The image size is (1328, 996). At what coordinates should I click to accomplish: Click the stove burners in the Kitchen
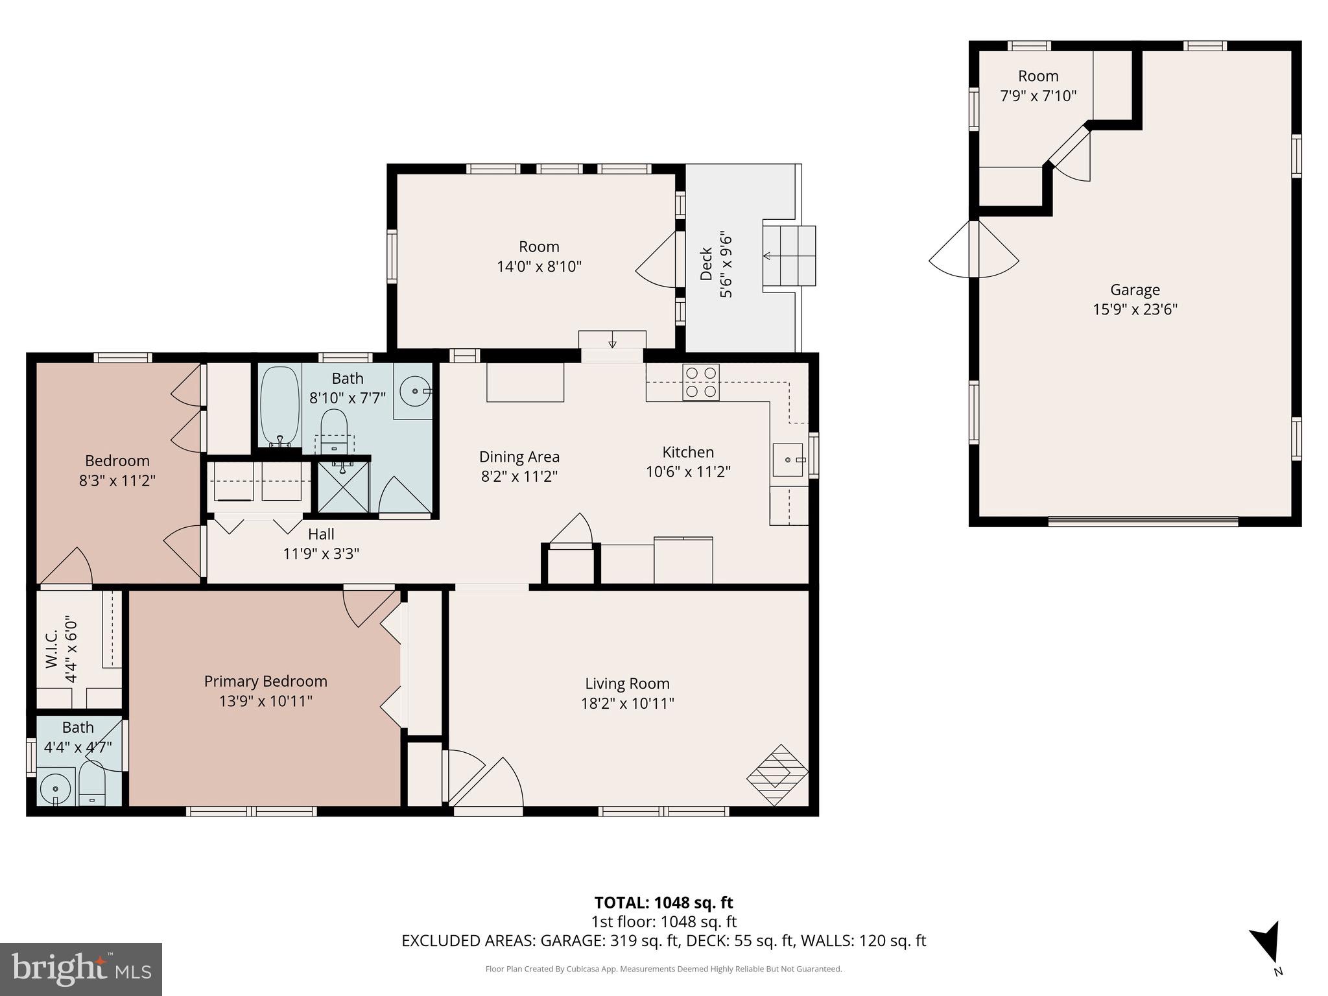click(x=701, y=382)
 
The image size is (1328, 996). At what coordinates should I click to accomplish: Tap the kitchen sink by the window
click(x=788, y=460)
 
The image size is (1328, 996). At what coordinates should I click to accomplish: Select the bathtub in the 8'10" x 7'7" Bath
click(x=280, y=406)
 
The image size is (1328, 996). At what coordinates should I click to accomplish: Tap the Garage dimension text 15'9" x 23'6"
click(x=1135, y=309)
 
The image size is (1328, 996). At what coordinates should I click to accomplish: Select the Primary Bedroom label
click(x=265, y=681)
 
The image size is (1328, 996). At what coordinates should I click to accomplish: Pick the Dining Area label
click(x=519, y=456)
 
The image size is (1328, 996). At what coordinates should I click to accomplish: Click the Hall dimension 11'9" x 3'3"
click(x=321, y=554)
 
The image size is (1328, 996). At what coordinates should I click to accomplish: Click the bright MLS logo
click(x=81, y=969)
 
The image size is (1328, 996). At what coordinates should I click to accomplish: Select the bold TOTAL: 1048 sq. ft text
click(x=663, y=902)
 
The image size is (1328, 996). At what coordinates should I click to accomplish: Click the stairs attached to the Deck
click(x=788, y=255)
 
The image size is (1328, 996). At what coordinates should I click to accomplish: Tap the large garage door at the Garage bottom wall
click(x=1143, y=521)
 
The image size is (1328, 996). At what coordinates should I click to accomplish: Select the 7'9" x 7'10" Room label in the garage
click(x=1038, y=86)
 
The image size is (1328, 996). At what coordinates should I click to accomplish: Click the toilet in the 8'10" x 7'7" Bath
click(x=335, y=428)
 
